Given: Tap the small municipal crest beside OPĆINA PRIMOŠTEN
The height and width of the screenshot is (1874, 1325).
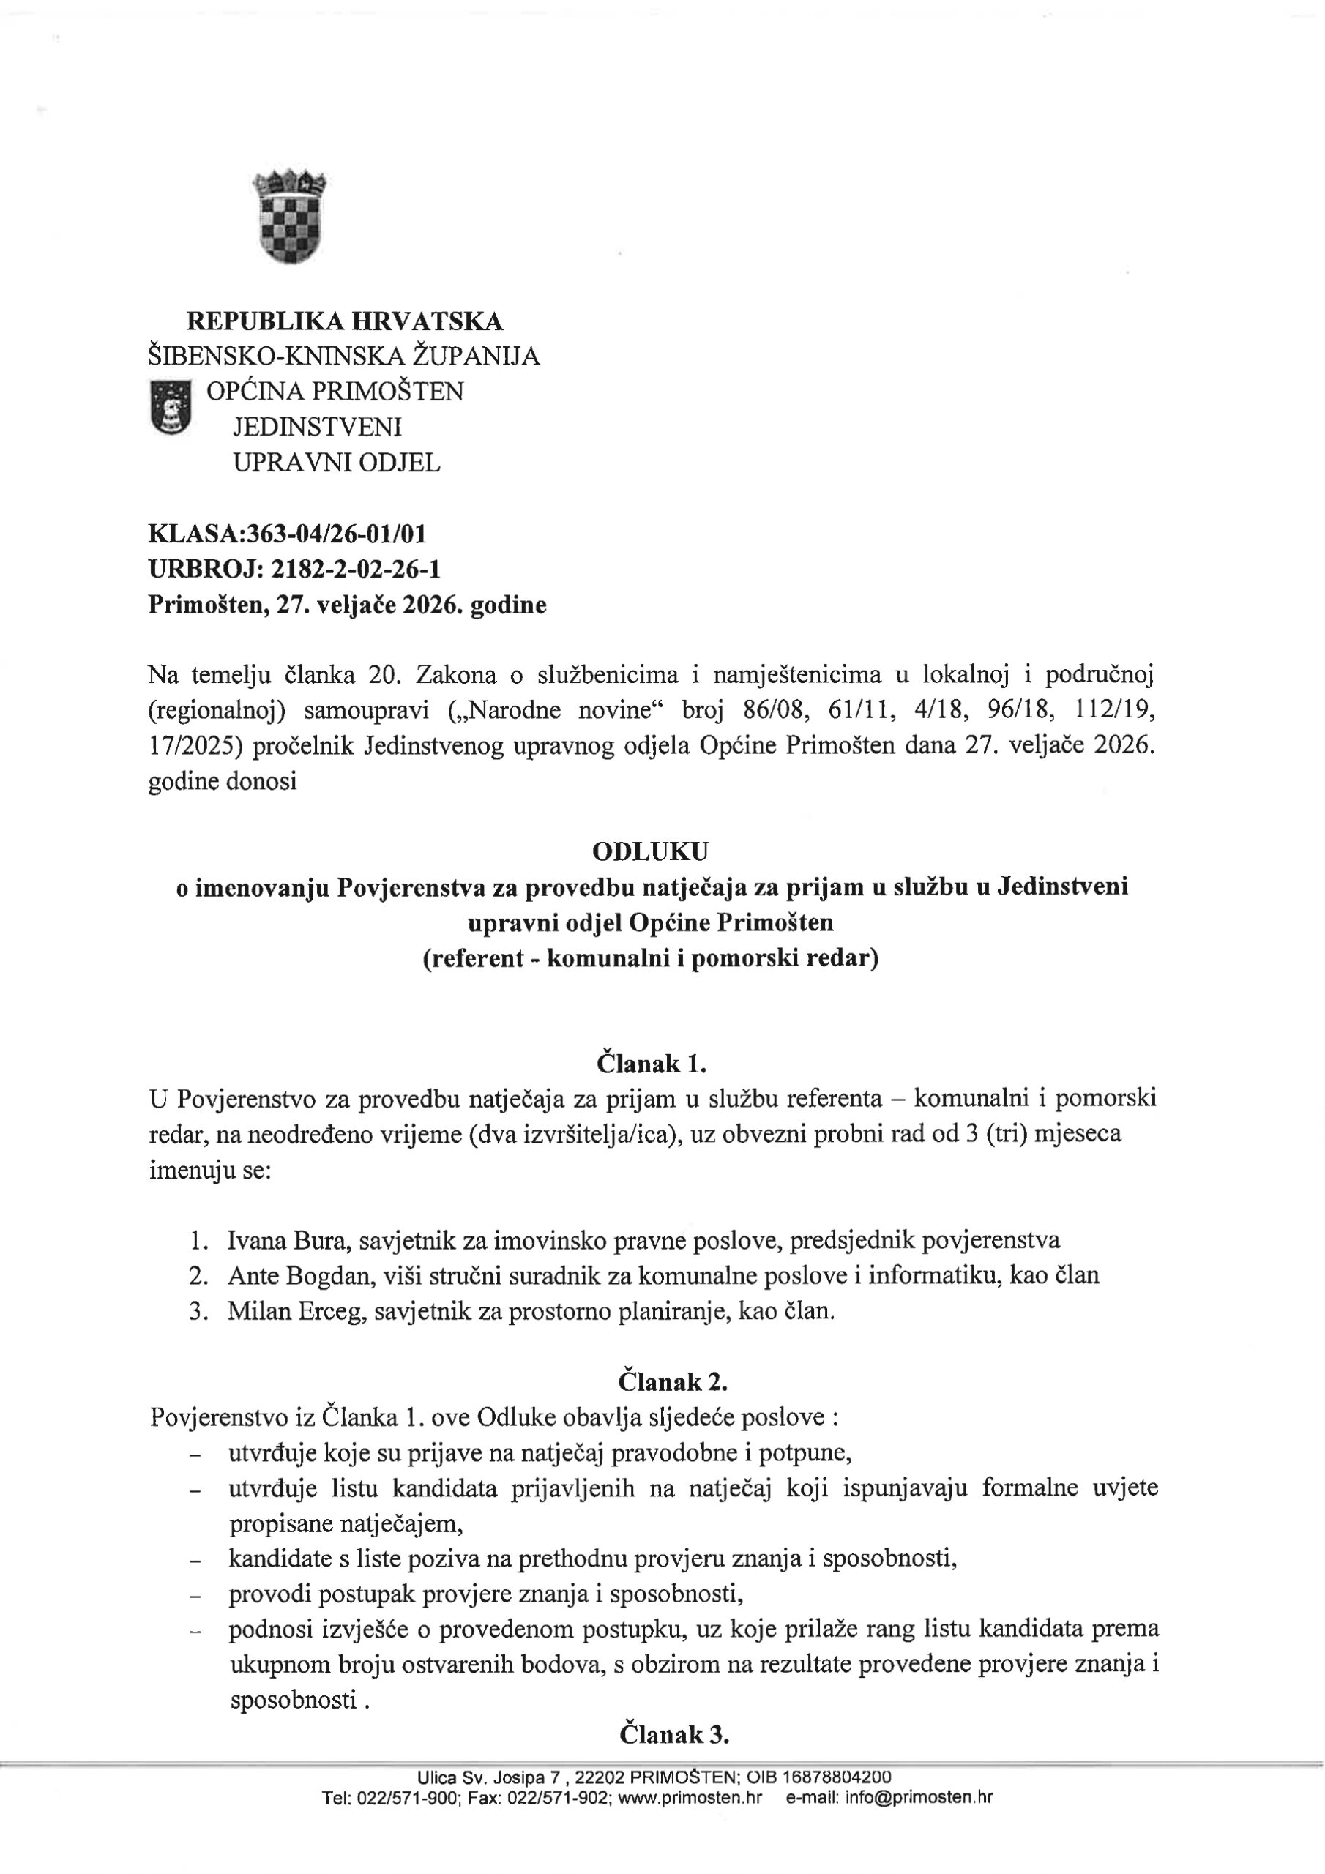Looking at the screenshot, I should [x=171, y=406].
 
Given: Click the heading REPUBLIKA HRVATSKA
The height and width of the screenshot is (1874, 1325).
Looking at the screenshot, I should [x=345, y=321].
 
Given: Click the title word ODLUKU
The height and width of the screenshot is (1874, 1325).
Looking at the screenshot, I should [x=651, y=851].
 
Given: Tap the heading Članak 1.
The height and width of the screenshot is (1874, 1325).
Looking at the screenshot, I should [x=651, y=1064].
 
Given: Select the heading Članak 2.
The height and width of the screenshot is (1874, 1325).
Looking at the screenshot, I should [x=673, y=1382].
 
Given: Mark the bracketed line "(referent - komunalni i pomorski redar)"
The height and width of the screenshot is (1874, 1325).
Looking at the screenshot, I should [x=651, y=958].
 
